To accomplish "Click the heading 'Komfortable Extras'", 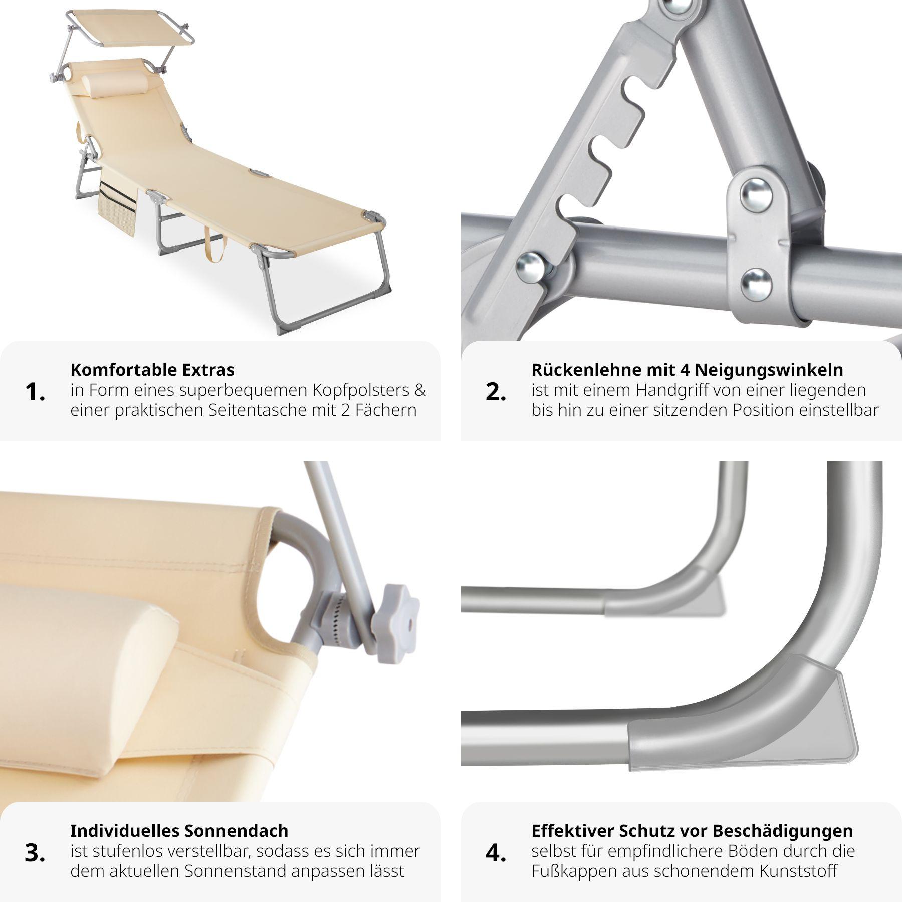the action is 152,370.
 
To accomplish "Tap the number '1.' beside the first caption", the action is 35,392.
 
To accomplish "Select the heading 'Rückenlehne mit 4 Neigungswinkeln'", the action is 687,370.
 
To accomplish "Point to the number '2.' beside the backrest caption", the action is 496,392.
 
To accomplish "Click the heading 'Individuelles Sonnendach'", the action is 179,831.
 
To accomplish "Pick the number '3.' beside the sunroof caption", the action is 35,853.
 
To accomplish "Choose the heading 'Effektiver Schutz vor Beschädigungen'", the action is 692,831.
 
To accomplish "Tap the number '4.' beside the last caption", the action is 496,853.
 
